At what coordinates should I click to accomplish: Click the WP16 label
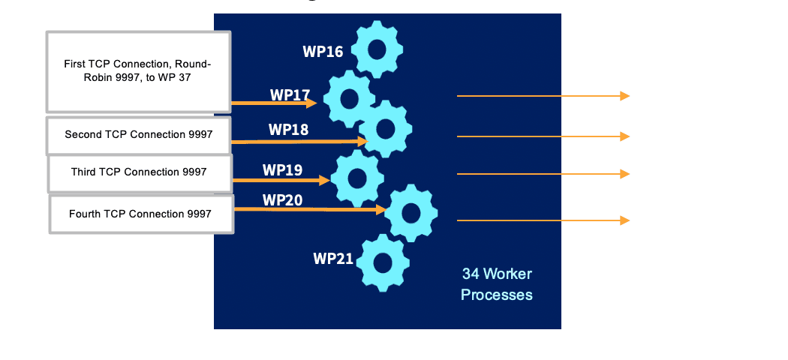click(x=323, y=52)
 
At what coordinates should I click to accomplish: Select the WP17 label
click(x=290, y=95)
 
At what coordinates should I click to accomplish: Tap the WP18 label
click(x=288, y=130)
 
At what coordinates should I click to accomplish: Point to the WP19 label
click(x=282, y=169)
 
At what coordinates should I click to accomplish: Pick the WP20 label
click(x=282, y=200)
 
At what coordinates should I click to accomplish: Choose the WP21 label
click(x=333, y=259)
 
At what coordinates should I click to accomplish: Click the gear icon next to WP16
click(x=377, y=50)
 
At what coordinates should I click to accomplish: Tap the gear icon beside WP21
click(x=383, y=262)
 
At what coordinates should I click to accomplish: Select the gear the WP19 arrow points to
click(x=357, y=178)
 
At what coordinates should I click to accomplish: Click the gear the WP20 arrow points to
click(x=411, y=213)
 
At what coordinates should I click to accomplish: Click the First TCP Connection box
click(x=138, y=70)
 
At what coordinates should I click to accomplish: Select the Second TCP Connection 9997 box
click(x=139, y=135)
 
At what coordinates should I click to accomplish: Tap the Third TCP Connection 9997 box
click(x=140, y=172)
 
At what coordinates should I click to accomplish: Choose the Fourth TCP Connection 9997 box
click(x=140, y=214)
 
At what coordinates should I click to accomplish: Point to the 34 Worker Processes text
click(x=497, y=284)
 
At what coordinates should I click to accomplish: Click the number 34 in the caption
click(x=471, y=274)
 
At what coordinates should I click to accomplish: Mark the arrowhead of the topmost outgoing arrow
click(x=624, y=96)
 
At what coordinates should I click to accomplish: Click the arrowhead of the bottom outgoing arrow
click(x=624, y=220)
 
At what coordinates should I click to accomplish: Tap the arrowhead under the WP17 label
click(x=311, y=103)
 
